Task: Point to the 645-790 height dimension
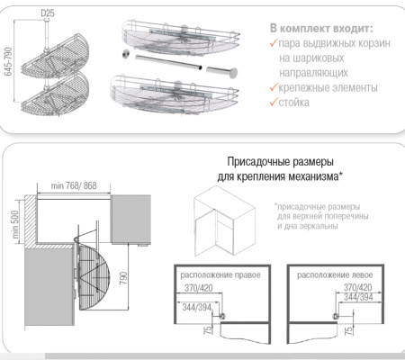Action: click(x=10, y=59)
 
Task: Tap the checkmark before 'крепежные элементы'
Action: click(x=274, y=88)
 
